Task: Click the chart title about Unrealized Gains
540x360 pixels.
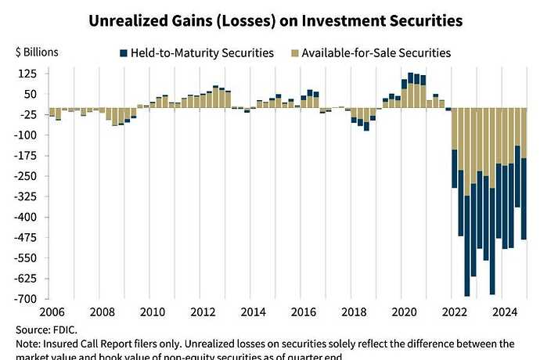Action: pyautogui.click(x=270, y=19)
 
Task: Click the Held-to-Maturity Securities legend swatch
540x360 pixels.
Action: pyautogui.click(x=124, y=53)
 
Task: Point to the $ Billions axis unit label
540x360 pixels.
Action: pyautogui.click(x=35, y=52)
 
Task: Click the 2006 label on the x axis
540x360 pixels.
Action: pyautogui.click(x=50, y=311)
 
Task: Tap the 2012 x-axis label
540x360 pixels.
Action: pyautogui.click(x=204, y=311)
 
